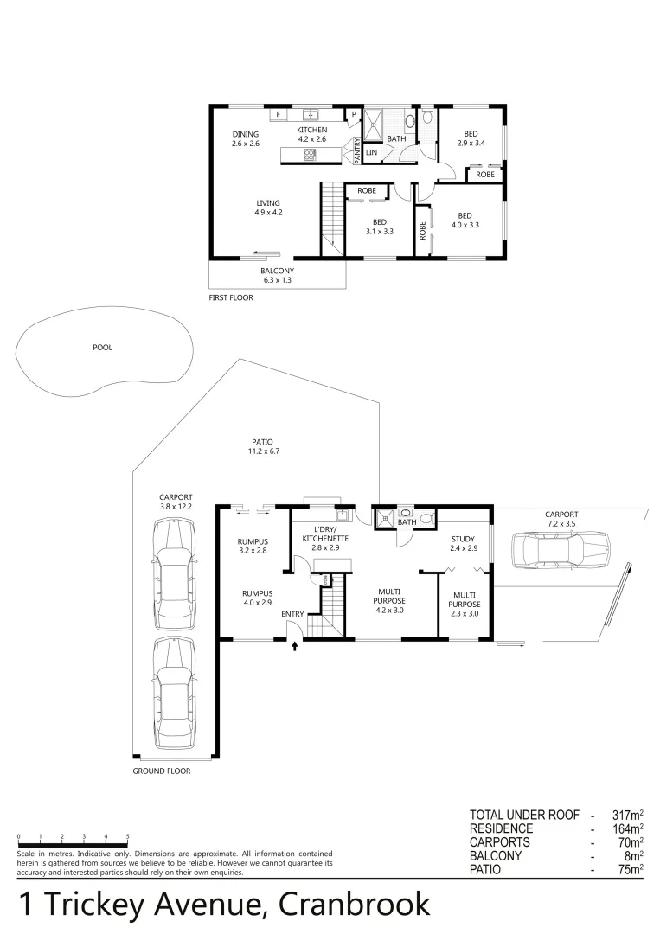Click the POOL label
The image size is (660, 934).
(103, 348)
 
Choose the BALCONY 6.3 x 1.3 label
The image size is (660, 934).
(278, 275)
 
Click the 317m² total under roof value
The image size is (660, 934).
(627, 816)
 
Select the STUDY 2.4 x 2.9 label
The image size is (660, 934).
(464, 543)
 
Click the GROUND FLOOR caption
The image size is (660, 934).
(161, 771)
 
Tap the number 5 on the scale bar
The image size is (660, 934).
(128, 836)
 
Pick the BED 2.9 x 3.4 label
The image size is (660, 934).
(471, 138)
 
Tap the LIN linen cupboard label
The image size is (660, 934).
(372, 153)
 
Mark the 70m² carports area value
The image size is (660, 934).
(630, 842)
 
